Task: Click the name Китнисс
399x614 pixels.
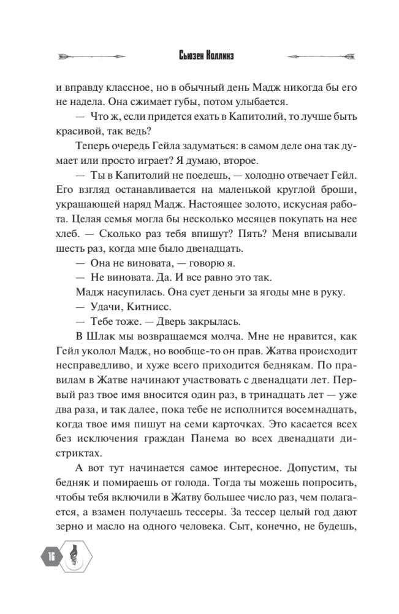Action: click(138, 306)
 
